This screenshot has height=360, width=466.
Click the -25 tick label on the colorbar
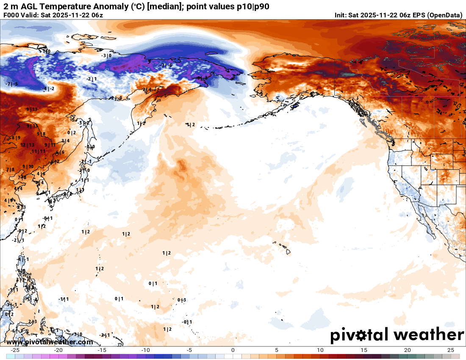16,350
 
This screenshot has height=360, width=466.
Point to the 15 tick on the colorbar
363,350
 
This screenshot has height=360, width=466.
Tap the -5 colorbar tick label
189,350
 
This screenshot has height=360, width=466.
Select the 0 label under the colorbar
233,350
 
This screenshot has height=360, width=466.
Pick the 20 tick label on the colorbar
407,350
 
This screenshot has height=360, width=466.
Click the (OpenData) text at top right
444,15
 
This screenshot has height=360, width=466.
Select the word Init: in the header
341,15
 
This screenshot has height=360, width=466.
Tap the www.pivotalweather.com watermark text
50,342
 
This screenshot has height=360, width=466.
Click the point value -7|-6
166,65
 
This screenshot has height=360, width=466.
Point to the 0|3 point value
181,300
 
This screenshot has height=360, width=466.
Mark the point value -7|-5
12,84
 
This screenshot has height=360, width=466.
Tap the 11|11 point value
39,151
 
